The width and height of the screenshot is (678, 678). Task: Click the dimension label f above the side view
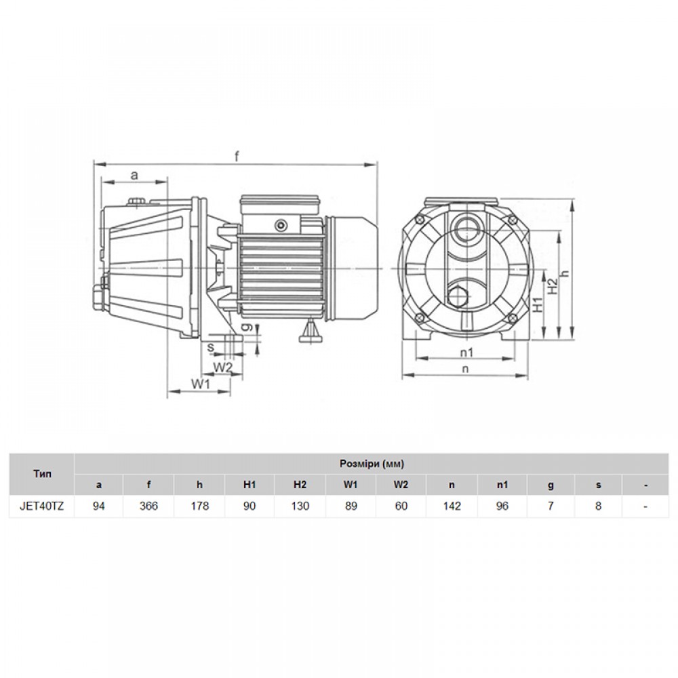tap(237, 156)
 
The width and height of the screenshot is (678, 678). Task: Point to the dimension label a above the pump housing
tap(134, 175)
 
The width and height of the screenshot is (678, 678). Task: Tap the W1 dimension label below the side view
tap(201, 384)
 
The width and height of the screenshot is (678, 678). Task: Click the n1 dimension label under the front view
tap(466, 353)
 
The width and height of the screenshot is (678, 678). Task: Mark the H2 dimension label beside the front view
tap(552, 287)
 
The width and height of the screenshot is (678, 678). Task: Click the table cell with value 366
tap(148, 506)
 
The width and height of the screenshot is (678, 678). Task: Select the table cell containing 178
tap(199, 506)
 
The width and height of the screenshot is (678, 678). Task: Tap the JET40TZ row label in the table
tap(42, 506)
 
